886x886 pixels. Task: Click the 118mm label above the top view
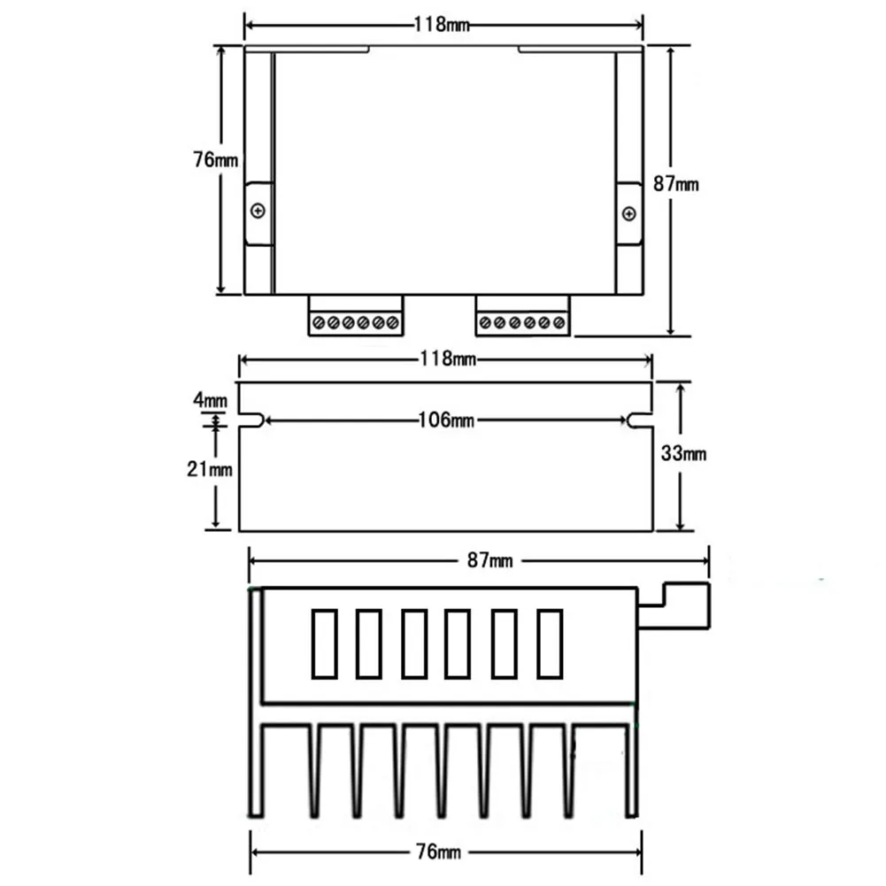pyautogui.click(x=442, y=24)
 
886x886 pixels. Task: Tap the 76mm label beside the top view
pyautogui.click(x=215, y=160)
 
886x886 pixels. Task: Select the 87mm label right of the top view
pyautogui.click(x=676, y=184)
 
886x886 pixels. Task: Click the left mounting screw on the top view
pyautogui.click(x=258, y=212)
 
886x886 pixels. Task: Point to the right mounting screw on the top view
pyautogui.click(x=629, y=214)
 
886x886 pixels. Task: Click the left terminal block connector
pyautogui.click(x=356, y=315)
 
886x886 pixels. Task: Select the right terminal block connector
pyautogui.click(x=523, y=315)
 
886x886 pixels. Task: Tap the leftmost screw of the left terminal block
pyautogui.click(x=319, y=323)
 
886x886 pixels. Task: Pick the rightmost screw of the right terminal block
pyautogui.click(x=559, y=323)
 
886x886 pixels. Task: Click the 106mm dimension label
pyautogui.click(x=446, y=420)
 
